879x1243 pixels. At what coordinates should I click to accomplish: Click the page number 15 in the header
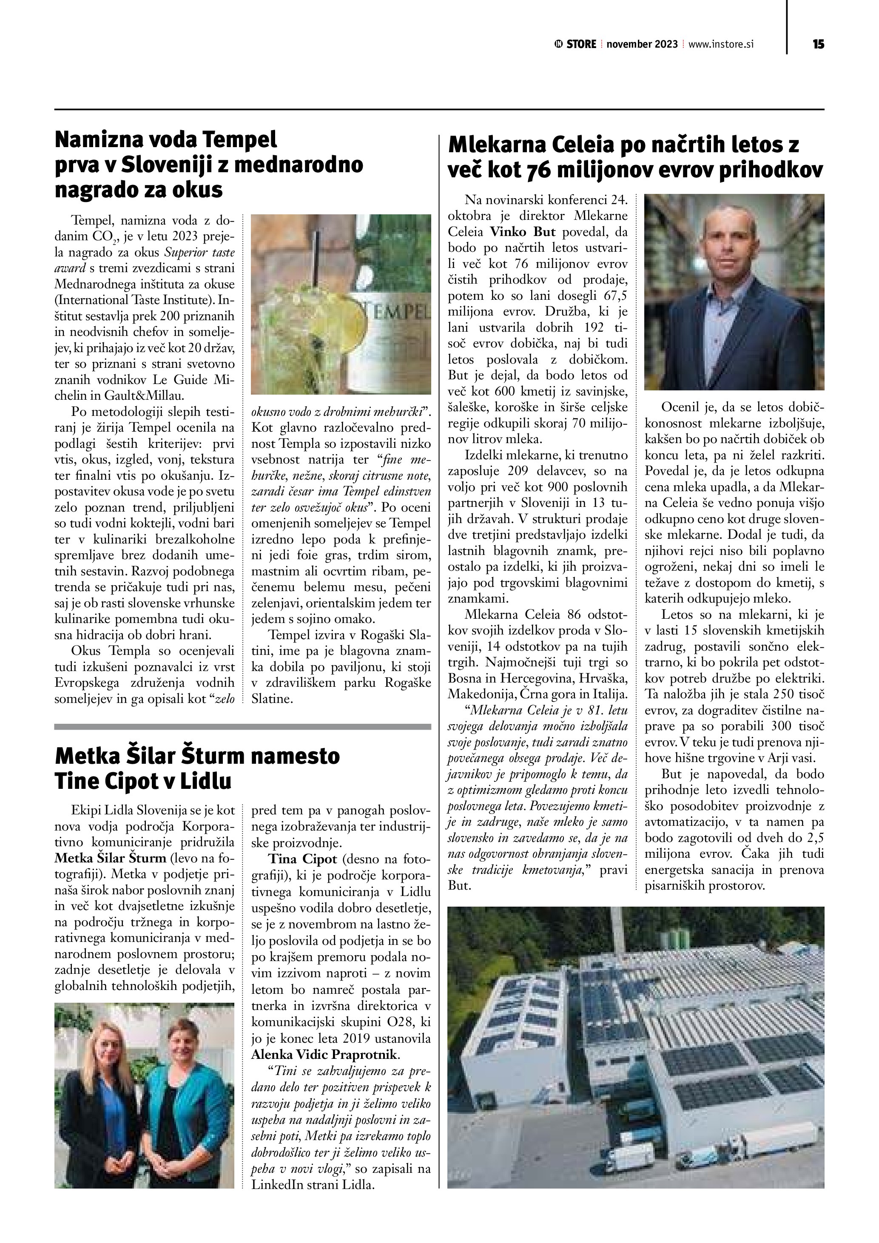(x=818, y=44)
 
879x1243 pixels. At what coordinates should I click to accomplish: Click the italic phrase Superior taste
(x=200, y=252)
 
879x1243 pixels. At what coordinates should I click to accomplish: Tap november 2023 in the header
(x=642, y=44)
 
